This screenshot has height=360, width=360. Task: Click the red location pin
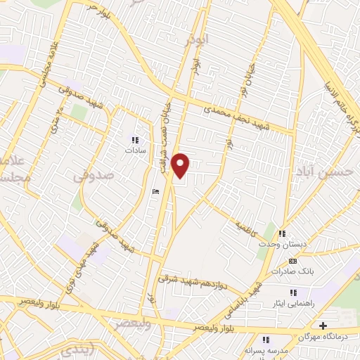181,165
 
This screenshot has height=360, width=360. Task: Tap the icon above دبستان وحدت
282,233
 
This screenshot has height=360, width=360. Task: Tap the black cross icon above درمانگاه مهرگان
323,326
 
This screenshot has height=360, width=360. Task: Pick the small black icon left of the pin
156,191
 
